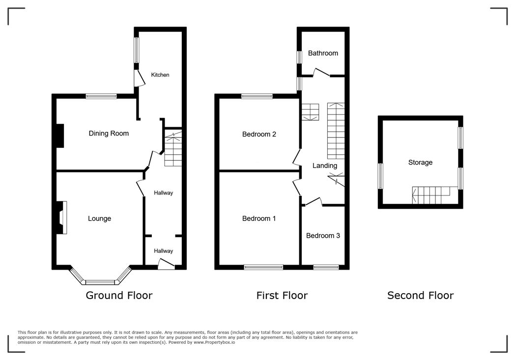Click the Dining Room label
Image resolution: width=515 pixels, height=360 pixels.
(x=109, y=133)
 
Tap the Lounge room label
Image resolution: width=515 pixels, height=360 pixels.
(x=100, y=219)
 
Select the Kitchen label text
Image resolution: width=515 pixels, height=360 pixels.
(x=160, y=75)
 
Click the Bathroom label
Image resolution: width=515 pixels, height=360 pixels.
(x=323, y=53)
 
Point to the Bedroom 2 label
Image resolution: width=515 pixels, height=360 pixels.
(x=259, y=134)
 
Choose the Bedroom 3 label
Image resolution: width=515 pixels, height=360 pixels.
(x=323, y=236)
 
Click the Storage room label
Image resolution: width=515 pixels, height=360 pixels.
(x=421, y=163)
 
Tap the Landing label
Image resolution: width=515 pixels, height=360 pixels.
(x=325, y=166)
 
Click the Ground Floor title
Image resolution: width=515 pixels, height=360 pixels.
(x=119, y=295)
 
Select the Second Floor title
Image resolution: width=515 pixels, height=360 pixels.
(x=421, y=295)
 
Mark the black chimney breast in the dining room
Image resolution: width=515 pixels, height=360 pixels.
(x=60, y=136)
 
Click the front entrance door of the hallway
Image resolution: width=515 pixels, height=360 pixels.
(x=167, y=264)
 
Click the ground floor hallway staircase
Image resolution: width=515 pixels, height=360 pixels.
(x=173, y=148)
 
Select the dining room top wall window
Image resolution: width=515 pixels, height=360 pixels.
(x=101, y=96)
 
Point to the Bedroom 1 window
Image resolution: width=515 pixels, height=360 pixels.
(x=263, y=267)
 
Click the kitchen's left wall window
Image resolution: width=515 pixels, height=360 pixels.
(x=136, y=50)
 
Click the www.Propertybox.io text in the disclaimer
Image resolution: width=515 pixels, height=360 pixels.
(x=214, y=342)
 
